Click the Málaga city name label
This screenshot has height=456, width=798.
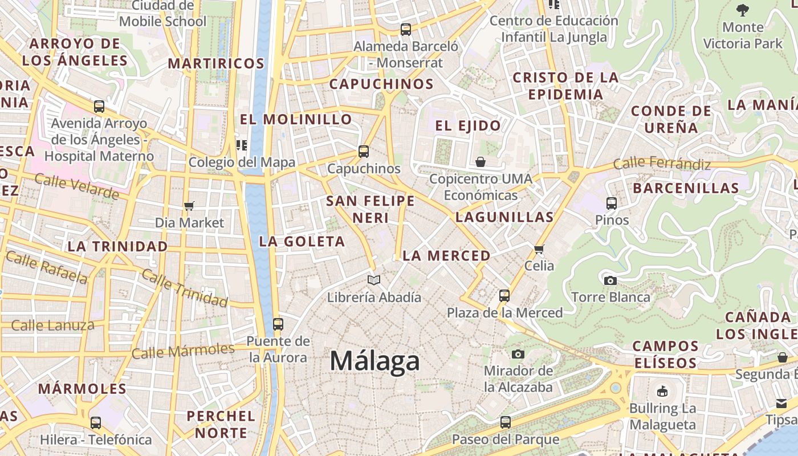(x=374, y=361)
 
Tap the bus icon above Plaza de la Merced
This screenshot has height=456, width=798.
(x=504, y=295)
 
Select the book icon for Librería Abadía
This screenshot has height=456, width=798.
(x=374, y=280)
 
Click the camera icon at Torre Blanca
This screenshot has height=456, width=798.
(x=610, y=280)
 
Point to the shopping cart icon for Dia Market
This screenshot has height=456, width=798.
(x=189, y=206)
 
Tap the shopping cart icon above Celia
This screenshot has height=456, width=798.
(x=539, y=249)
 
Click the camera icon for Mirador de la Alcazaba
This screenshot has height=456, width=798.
(x=518, y=354)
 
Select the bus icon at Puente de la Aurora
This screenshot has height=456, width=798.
(x=278, y=324)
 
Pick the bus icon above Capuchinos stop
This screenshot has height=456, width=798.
(x=363, y=152)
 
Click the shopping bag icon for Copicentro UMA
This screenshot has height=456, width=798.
(x=481, y=162)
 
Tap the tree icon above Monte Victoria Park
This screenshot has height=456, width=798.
(x=742, y=10)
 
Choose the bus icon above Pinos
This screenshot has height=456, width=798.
(x=612, y=203)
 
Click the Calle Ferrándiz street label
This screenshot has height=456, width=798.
(x=662, y=164)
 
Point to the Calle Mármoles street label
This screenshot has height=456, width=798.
(x=183, y=350)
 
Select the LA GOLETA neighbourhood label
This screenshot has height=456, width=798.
(x=302, y=242)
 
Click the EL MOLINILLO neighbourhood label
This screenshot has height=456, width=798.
(x=296, y=119)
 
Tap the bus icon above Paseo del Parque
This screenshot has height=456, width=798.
(x=505, y=422)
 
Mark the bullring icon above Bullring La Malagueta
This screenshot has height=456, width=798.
(x=662, y=391)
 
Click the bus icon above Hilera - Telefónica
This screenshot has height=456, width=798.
(x=96, y=423)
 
